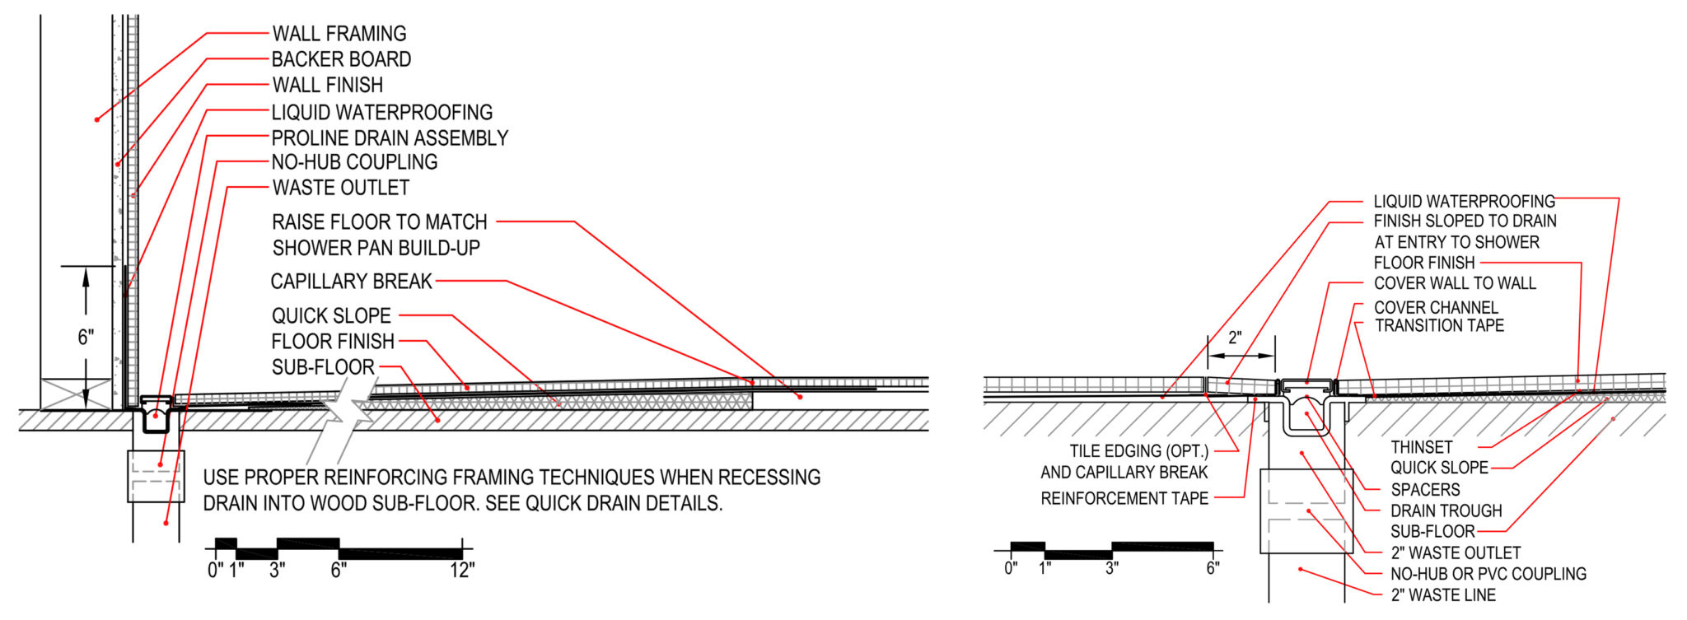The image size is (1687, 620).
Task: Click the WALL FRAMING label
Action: click(x=339, y=34)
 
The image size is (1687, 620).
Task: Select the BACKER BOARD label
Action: click(x=341, y=59)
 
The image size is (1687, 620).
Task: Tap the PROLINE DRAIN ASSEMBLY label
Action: click(x=390, y=138)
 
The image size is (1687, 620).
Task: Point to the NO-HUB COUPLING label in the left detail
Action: click(x=354, y=162)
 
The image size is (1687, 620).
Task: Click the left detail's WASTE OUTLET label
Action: click(x=341, y=188)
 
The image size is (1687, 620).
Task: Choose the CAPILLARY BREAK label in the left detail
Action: click(x=351, y=282)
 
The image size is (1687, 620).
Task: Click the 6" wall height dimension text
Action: click(x=86, y=337)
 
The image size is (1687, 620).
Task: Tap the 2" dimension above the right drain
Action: click(x=1234, y=338)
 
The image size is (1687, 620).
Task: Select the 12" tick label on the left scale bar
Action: click(x=462, y=570)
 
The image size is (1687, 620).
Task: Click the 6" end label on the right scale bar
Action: click(x=1213, y=567)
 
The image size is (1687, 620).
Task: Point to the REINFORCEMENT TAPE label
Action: click(x=1124, y=498)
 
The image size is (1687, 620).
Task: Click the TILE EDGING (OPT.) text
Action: click(x=1139, y=451)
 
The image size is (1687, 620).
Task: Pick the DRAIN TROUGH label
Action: click(x=1446, y=510)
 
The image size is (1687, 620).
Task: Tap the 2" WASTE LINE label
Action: click(x=1443, y=594)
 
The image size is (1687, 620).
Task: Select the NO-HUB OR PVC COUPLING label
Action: click(x=1488, y=574)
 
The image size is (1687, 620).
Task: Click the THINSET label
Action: click(x=1422, y=447)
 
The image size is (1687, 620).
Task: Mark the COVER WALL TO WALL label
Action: click(x=1455, y=283)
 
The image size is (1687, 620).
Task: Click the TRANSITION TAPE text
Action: click(x=1439, y=325)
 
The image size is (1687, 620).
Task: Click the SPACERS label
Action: click(x=1425, y=489)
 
